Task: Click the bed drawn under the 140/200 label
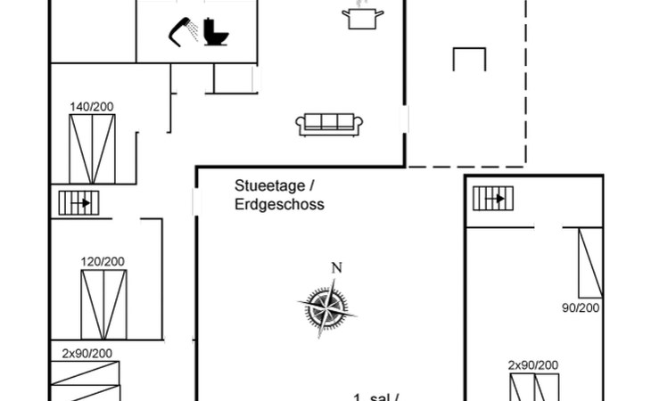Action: pos(91,147)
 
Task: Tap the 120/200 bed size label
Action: pos(103,261)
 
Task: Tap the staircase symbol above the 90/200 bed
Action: pos(495,198)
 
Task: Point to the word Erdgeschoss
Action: pos(279,204)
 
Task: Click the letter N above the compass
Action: pos(336,267)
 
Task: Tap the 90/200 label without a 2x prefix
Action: pos(580,307)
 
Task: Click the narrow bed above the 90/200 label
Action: pos(589,262)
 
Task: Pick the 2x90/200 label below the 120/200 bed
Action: pos(87,353)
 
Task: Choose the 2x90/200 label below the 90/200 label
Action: pos(533,365)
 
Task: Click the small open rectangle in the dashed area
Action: pos(469,59)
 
